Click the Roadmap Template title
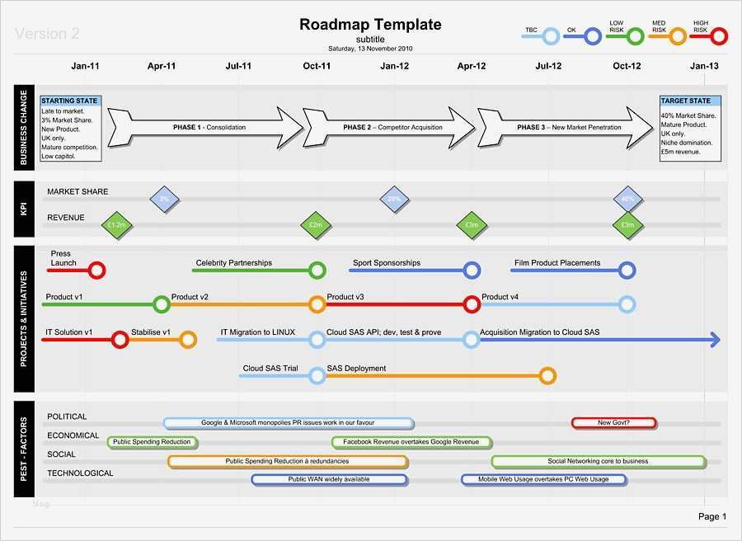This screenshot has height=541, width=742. coord(370,25)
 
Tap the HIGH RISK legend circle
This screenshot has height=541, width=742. coord(719,36)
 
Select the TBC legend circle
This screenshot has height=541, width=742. coord(552,36)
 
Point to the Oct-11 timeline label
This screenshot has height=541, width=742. coord(317,66)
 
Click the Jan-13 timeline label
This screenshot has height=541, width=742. coord(704,66)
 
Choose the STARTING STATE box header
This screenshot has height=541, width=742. coord(69,101)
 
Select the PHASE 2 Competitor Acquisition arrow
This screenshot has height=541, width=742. coord(388,128)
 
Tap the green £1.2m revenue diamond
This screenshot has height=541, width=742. coord(116,225)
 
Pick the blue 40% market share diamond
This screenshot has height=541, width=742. coord(628,199)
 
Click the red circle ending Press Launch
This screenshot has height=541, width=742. coord(97,270)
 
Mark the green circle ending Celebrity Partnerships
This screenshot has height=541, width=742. coord(317,270)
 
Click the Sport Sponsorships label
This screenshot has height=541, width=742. coord(387,263)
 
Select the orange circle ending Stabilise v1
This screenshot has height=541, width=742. coord(188,339)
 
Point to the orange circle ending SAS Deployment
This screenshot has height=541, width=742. coord(547,376)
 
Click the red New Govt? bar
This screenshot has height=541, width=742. coord(613,423)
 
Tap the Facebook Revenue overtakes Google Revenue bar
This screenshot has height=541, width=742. coord(412,442)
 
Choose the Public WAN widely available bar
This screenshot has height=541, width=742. coord(329,479)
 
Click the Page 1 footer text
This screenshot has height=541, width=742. coord(712,517)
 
